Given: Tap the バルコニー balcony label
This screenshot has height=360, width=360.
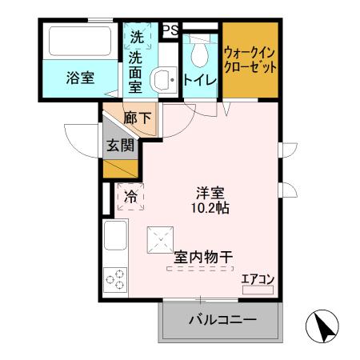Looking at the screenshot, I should [222, 320].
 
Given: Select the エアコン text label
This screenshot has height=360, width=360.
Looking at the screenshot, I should [258, 278].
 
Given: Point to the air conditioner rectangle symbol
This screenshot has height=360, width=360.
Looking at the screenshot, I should [258, 287].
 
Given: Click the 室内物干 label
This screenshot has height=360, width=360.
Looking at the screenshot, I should [203, 258].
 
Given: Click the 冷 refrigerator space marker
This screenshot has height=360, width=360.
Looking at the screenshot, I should [130, 195].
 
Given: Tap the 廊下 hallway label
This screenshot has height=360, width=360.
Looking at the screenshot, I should [137, 118].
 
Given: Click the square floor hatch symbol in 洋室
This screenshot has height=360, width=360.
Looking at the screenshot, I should [161, 238].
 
